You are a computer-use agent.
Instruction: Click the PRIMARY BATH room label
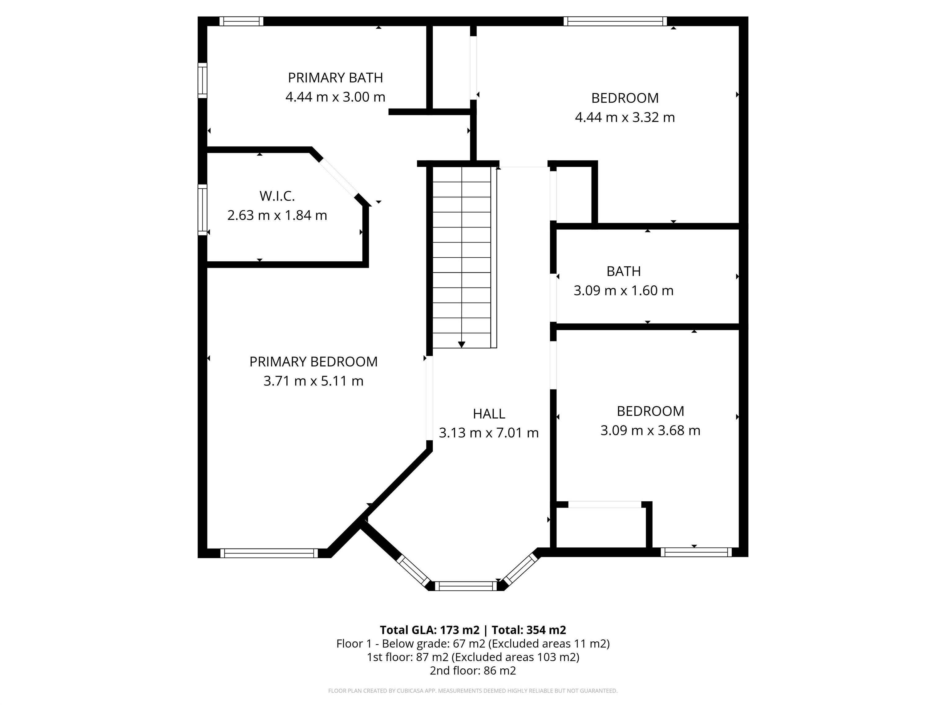[335, 78]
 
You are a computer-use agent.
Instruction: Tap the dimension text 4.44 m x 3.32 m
[625, 117]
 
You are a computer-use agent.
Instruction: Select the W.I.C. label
[277, 196]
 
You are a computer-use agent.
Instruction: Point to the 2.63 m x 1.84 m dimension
[277, 215]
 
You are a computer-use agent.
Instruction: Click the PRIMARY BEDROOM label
[313, 362]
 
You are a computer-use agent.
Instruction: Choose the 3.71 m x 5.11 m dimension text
[313, 381]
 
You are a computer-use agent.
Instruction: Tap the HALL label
[489, 414]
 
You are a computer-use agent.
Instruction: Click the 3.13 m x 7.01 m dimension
[489, 433]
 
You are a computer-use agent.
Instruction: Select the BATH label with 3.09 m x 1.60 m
[624, 271]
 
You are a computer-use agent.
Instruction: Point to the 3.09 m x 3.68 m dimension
[650, 430]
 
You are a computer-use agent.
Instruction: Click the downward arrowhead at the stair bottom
[462, 345]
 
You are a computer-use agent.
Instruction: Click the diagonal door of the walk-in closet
[339, 178]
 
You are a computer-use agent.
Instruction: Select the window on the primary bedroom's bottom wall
[269, 553]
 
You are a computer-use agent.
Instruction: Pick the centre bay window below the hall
[466, 586]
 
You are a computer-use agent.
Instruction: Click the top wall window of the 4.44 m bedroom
[615, 21]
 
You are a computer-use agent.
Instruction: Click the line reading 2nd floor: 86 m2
[473, 670]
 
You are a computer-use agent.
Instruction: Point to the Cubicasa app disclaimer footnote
[473, 691]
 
